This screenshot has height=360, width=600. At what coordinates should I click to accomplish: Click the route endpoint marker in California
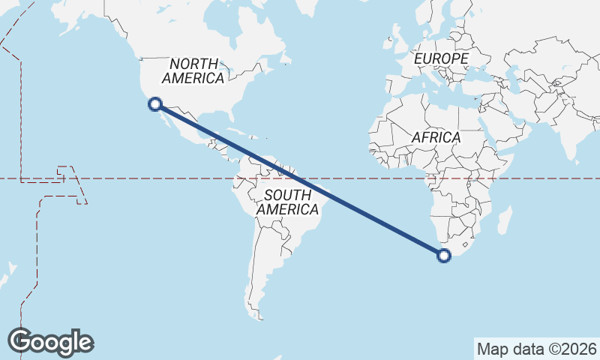pyautogui.click(x=155, y=104)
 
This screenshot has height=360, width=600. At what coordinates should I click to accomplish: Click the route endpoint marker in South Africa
pyautogui.click(x=444, y=256)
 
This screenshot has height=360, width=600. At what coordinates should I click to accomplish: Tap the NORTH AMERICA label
pyautogui.click(x=193, y=70)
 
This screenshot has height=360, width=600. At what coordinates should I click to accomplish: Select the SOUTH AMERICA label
pyautogui.click(x=287, y=202)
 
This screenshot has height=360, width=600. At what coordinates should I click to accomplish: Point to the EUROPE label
pyautogui.click(x=441, y=58)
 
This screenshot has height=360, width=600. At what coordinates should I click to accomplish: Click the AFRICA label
pyautogui.click(x=435, y=138)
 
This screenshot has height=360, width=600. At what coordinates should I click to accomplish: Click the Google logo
pyautogui.click(x=51, y=342)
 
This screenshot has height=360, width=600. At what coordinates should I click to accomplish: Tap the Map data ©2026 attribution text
pyautogui.click(x=536, y=349)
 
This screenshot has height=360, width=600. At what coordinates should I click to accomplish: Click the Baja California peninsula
pyautogui.click(x=166, y=120)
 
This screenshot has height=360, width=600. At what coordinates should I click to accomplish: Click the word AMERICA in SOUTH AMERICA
pyautogui.click(x=287, y=210)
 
